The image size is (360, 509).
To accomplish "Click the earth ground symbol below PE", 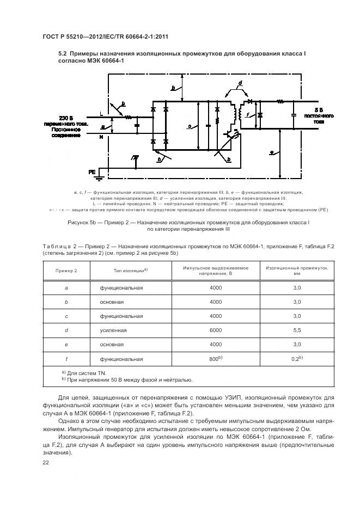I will [135, 157].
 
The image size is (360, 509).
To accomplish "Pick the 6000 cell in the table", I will [216, 330].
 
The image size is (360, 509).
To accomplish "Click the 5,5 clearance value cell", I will [297, 330].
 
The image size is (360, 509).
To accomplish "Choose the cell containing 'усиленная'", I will [113, 330].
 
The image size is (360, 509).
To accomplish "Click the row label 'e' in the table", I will [66, 345].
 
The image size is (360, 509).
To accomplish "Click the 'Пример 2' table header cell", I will [66, 271].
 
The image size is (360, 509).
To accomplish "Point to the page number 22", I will [46, 462].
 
